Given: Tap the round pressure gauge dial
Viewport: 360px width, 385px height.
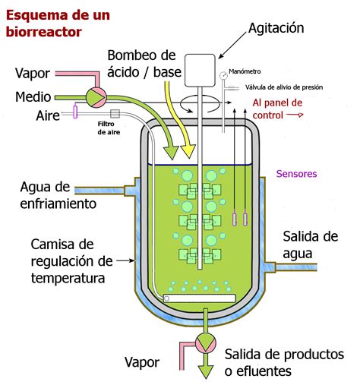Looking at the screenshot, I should (223, 75).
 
